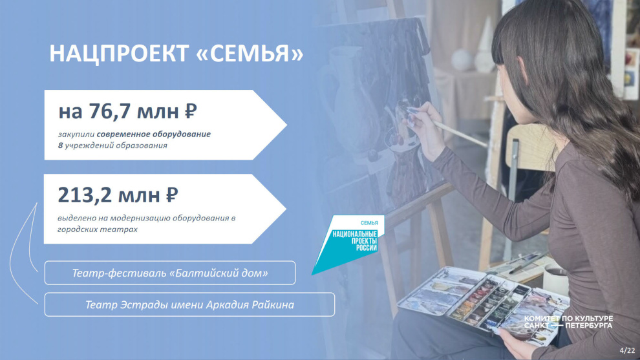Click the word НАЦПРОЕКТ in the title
click(118, 54)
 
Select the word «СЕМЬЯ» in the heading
click(250, 54)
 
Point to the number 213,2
click(85, 195)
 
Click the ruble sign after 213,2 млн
click(172, 195)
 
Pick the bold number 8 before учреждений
click(60, 145)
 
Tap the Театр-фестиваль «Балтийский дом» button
click(170, 273)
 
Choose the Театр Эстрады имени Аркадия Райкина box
click(189, 304)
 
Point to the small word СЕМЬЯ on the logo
click(369, 223)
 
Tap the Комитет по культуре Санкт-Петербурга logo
click(568, 322)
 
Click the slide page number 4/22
click(627, 350)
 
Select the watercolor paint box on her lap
click(484, 302)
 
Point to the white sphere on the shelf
click(462, 60)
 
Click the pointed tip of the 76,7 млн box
click(286, 125)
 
